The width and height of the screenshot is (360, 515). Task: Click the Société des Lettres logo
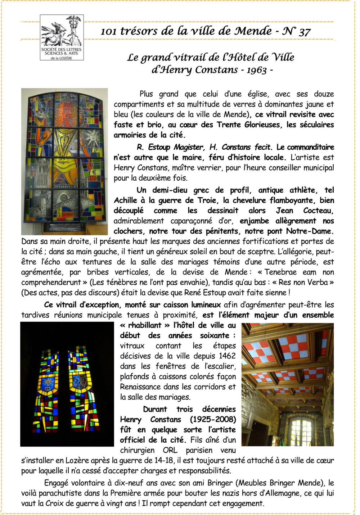[62, 37]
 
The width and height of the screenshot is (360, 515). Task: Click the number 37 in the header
[304, 32]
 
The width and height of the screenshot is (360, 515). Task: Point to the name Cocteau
[318, 211]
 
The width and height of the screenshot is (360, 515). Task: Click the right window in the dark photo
[84, 389]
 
